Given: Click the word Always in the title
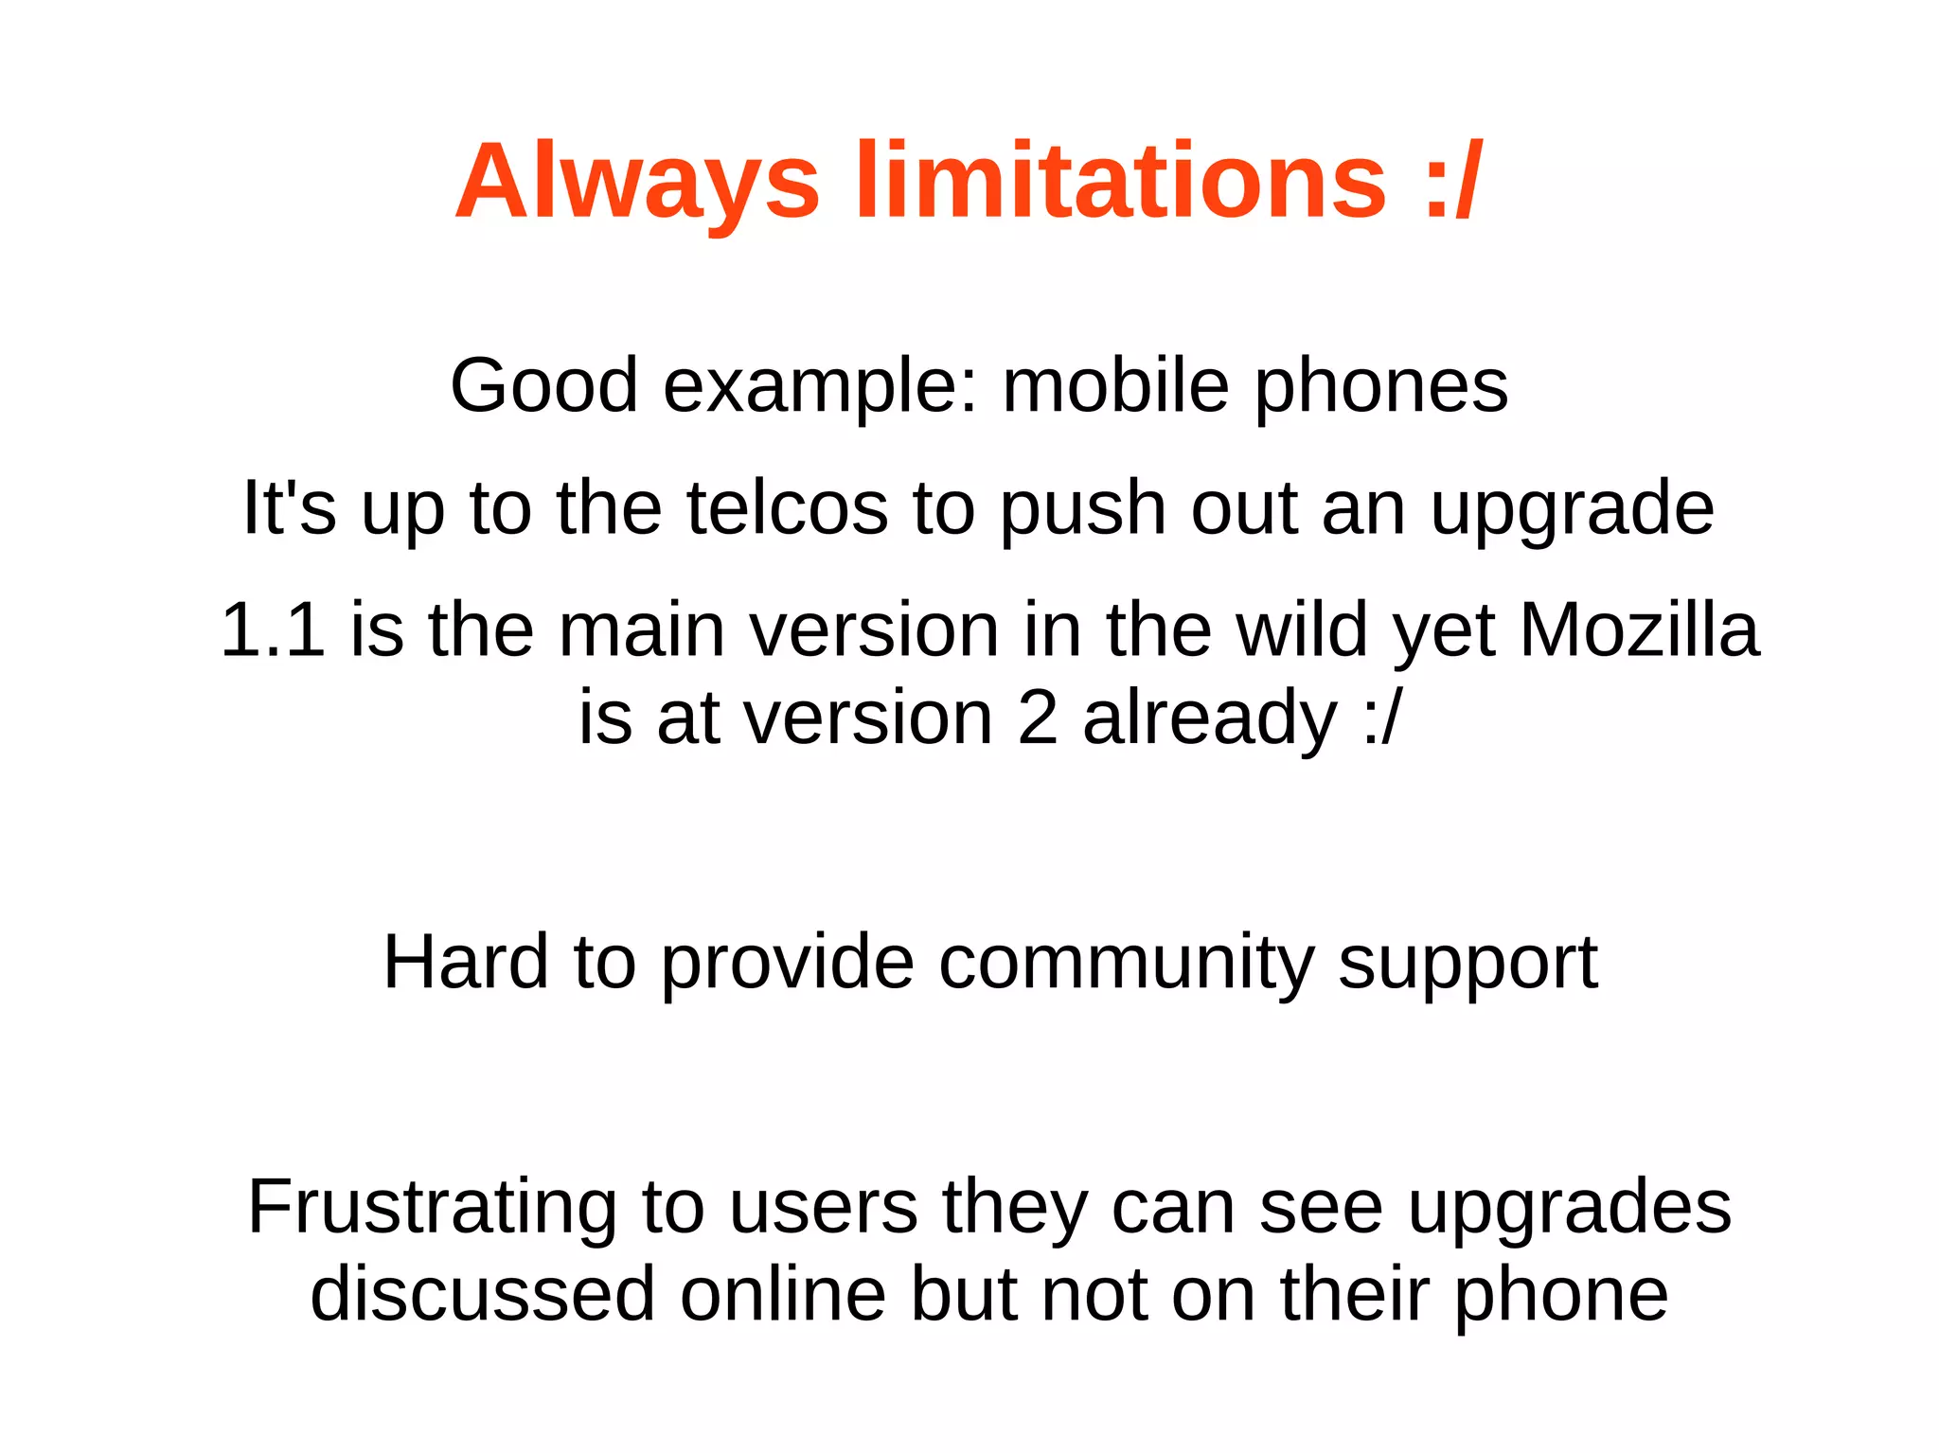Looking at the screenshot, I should coord(636,182).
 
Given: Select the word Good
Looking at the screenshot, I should coord(543,386).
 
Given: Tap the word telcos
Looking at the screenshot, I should coord(787,508).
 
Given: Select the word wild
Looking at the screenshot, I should coord(1302,630).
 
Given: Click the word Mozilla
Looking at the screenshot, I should coord(1639,630).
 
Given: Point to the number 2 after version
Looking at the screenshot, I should coord(1038,718).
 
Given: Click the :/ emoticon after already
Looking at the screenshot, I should coord(1382,718).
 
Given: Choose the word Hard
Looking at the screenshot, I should coord(466,963).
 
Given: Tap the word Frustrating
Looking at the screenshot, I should coord(433,1209).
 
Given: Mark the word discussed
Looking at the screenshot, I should coord(483,1295).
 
